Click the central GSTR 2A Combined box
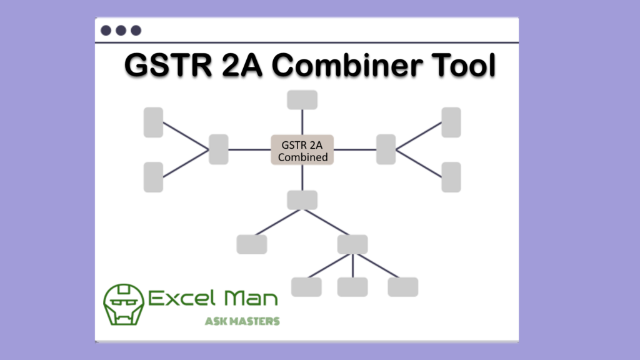[x=302, y=150]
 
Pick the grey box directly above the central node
[x=302, y=100]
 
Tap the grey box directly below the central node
[x=302, y=200]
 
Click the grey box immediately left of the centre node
[x=218, y=149]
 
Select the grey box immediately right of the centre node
[x=386, y=149]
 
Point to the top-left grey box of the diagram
[x=153, y=122]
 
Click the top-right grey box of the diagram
[x=451, y=122]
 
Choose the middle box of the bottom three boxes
[x=352, y=287]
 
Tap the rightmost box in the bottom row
[x=402, y=287]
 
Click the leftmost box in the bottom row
[x=306, y=287]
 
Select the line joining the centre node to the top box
[x=302, y=122]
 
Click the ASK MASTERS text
[x=242, y=321]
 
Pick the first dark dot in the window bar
[x=106, y=30]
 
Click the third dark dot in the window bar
[x=136, y=30]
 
